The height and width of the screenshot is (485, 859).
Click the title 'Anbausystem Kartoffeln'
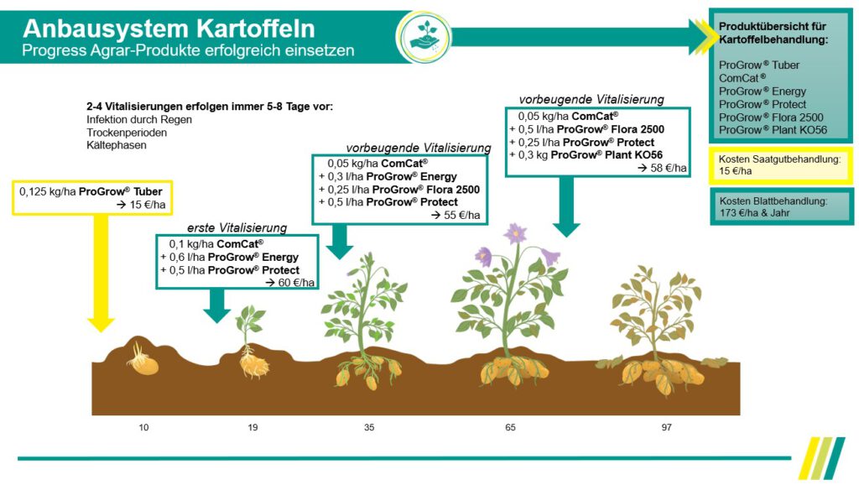pyautogui.click(x=169, y=29)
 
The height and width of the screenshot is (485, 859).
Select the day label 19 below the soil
pyautogui.click(x=252, y=428)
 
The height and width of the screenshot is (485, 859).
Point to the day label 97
pyautogui.click(x=666, y=428)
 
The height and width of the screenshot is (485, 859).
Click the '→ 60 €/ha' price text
pyautogui.click(x=289, y=283)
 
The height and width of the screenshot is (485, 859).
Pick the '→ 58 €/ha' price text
pyautogui.click(x=663, y=168)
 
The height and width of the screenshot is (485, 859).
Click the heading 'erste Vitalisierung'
pyautogui.click(x=237, y=227)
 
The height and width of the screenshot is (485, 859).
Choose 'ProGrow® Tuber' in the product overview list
pyautogui.click(x=759, y=65)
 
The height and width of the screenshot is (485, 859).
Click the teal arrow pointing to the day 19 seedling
pyautogui.click(x=216, y=305)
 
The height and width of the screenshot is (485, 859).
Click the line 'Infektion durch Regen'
pyautogui.click(x=139, y=120)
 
